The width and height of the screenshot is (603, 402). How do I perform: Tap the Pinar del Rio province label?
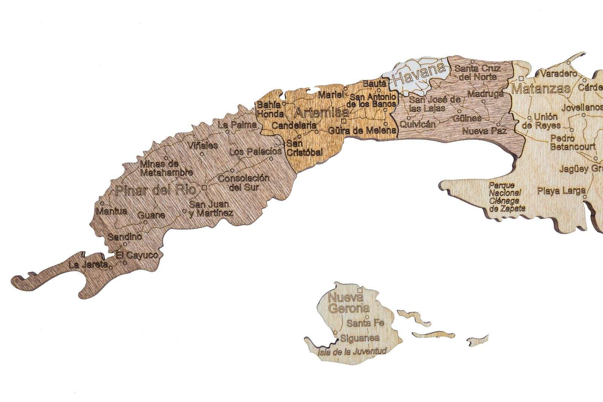click(x=155, y=190)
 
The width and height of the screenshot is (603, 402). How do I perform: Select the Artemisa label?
click(x=321, y=112)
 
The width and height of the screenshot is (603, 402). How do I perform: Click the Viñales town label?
click(x=203, y=146)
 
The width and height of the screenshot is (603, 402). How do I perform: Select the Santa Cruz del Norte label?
click(x=477, y=72)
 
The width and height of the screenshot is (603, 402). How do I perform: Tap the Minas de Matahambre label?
click(x=166, y=168)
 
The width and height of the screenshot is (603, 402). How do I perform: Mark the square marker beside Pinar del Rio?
click(x=204, y=188)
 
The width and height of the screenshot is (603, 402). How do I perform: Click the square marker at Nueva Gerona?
click(x=360, y=290)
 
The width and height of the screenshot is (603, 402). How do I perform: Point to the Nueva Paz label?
click(x=484, y=131)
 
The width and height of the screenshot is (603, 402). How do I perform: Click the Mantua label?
click(x=112, y=211)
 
